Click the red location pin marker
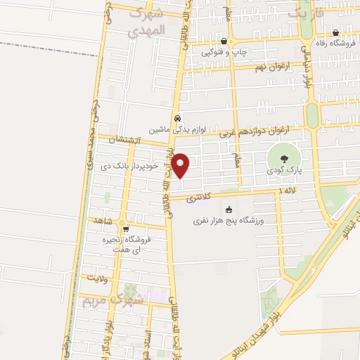tap(181, 166)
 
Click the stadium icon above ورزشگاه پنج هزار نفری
tap(229, 210)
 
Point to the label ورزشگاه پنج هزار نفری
tap(229, 221)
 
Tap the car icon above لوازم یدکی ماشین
tap(178, 118)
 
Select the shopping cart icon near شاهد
tap(126, 228)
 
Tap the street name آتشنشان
tap(126, 141)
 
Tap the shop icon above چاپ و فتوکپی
tap(223, 41)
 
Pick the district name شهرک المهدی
tap(146, 22)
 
